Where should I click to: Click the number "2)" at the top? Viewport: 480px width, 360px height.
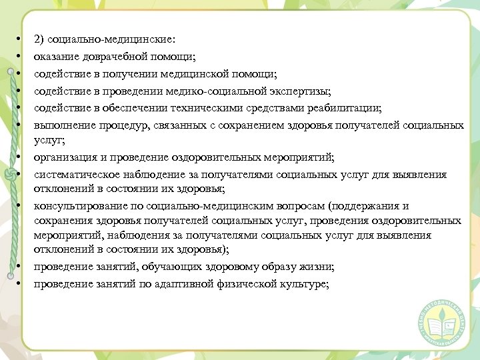pos(39,40)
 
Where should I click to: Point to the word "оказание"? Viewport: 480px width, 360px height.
pos(55,57)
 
